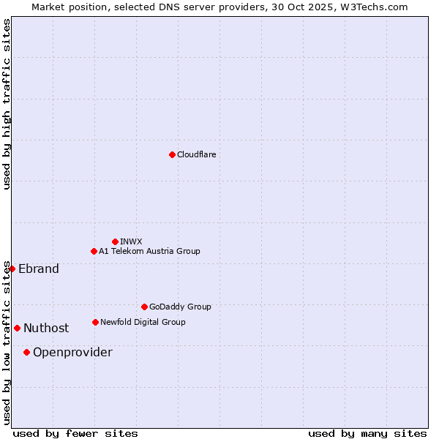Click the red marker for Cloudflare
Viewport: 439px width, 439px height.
coord(172,154)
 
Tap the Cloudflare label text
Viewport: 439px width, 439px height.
coord(196,154)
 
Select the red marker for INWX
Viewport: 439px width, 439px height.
coord(115,241)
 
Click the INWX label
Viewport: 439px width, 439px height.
coord(131,241)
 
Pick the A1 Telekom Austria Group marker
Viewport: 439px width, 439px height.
coord(94,251)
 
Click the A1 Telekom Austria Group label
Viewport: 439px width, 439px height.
coord(149,251)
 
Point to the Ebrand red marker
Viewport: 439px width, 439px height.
coord(12,269)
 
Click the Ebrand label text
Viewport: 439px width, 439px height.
coord(39,269)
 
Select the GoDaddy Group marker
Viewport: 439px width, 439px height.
coord(144,307)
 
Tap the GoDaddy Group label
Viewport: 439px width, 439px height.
coord(180,307)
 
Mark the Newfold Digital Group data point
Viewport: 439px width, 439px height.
coord(95,322)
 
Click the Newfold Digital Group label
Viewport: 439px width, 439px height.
coord(143,322)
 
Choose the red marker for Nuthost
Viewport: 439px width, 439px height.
coord(17,328)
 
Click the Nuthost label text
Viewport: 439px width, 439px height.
coord(46,328)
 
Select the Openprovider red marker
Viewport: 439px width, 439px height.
coord(26,352)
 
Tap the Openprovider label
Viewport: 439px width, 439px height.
coord(72,352)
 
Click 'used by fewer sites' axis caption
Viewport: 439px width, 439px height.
coord(75,433)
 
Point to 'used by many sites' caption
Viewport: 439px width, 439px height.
coord(367,433)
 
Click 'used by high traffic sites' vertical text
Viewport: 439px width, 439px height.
coord(7,104)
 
